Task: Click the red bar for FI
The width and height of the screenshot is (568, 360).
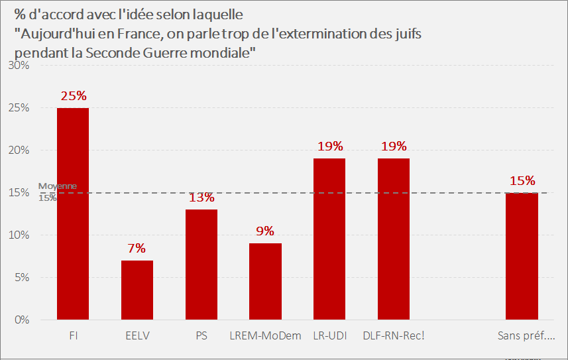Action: pyautogui.click(x=73, y=213)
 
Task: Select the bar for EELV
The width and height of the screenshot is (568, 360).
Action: pyautogui.click(x=137, y=290)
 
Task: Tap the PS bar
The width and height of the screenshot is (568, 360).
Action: pyautogui.click(x=201, y=265)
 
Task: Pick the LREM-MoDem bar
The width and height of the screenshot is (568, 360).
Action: pyautogui.click(x=265, y=281)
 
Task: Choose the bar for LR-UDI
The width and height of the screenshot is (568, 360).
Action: pyautogui.click(x=329, y=239)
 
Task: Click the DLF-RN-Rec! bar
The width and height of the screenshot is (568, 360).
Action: pyautogui.click(x=394, y=239)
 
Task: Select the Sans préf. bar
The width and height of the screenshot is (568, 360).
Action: pyautogui.click(x=522, y=256)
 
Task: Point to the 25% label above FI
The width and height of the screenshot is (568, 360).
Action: pyautogui.click(x=73, y=96)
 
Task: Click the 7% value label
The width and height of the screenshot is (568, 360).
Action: pyautogui.click(x=137, y=249)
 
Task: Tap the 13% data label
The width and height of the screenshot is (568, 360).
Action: pyautogui.click(x=201, y=198)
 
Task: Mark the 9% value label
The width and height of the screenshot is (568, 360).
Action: pyautogui.click(x=265, y=231)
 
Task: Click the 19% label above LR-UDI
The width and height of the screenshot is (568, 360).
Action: pyautogui.click(x=329, y=147)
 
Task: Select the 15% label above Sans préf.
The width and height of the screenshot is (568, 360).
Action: pyautogui.click(x=522, y=181)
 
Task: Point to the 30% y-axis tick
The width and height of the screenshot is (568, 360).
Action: pyautogui.click(x=19, y=66)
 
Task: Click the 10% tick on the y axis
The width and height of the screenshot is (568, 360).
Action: pyautogui.click(x=19, y=235)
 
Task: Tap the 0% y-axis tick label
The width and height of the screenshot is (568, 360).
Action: pyautogui.click(x=21, y=320)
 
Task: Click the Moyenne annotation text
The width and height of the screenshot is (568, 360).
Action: pyautogui.click(x=58, y=186)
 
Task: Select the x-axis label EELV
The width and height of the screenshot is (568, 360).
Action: pyautogui.click(x=137, y=335)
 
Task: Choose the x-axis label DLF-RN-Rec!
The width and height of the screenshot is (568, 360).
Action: pyautogui.click(x=394, y=335)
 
